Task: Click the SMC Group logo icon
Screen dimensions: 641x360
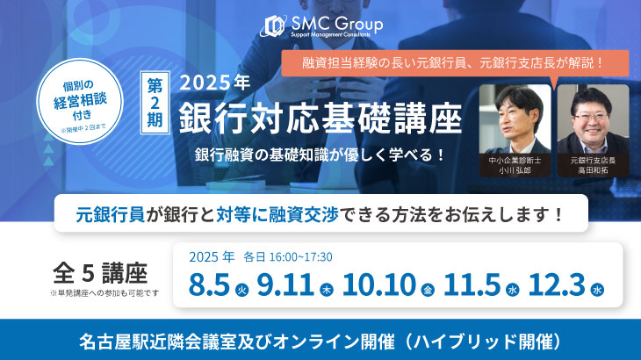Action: point(273,26)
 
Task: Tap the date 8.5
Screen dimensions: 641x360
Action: point(209,284)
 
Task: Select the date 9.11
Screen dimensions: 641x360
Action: point(285,284)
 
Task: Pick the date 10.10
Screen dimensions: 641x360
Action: point(379,284)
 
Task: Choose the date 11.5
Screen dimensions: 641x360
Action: point(472,284)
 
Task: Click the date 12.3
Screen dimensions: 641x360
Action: point(557,284)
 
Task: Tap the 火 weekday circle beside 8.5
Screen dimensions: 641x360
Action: point(242,290)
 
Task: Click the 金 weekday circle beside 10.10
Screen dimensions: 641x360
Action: point(428,290)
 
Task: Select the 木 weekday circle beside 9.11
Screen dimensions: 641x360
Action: point(327,290)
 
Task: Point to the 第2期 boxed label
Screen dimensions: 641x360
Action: point(155,103)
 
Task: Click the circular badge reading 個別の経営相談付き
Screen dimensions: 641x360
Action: point(80,101)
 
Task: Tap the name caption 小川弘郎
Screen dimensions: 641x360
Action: point(515,171)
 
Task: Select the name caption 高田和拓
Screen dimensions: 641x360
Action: point(594,171)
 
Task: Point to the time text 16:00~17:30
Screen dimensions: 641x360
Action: point(301,257)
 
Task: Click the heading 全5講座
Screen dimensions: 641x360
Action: point(100,274)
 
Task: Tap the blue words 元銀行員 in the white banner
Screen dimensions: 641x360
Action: point(111,214)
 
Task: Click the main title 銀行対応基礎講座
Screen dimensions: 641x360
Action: point(320,119)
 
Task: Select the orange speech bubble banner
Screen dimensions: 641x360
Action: point(455,63)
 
